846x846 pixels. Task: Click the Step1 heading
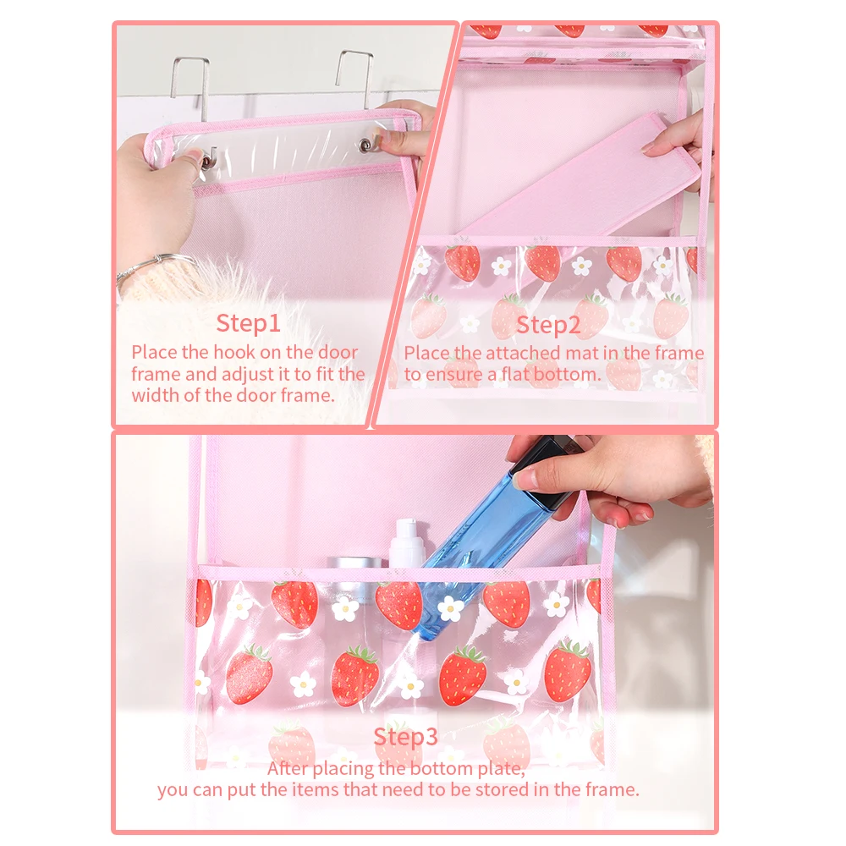248,323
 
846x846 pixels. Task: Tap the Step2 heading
548,325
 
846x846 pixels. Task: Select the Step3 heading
406,737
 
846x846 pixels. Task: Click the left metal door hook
191,86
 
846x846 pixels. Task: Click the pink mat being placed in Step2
583,178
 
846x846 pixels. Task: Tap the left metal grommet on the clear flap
206,160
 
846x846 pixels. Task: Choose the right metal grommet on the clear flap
367,144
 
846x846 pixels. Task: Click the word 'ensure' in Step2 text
454,375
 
